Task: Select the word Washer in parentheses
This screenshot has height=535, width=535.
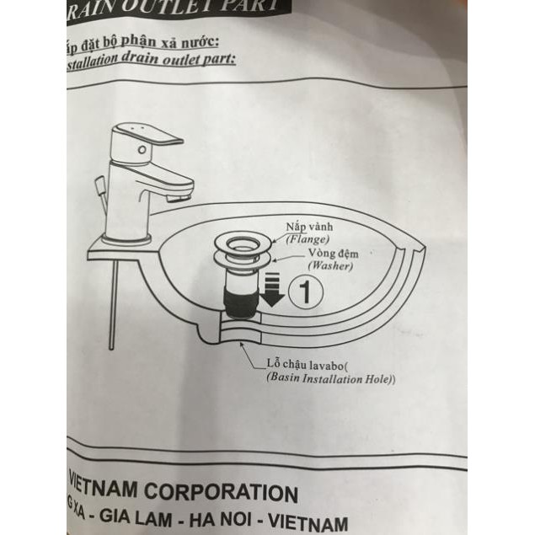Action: click(328, 265)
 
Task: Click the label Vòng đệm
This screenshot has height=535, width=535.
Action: click(329, 253)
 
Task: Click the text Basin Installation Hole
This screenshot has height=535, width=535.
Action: click(330, 379)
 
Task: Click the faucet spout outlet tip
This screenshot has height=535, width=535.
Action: click(176, 199)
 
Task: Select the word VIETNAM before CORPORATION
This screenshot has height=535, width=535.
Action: click(111, 490)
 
